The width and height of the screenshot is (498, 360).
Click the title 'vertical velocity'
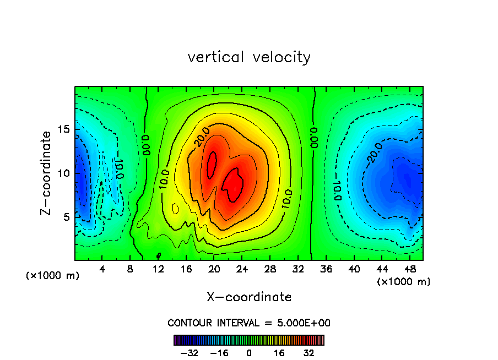(x=249, y=57)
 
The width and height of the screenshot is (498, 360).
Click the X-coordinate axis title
(x=249, y=297)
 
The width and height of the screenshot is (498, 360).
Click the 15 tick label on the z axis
(x=64, y=129)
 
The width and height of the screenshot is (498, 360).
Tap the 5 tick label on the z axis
(x=67, y=217)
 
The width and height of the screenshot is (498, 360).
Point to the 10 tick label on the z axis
(x=64, y=173)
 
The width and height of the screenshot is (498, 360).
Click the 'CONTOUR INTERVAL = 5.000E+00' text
(x=249, y=323)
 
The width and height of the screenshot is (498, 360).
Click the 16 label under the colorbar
(x=280, y=353)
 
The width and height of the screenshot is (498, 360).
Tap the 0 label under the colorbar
(x=249, y=353)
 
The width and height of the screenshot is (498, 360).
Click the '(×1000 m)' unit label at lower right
(x=404, y=282)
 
